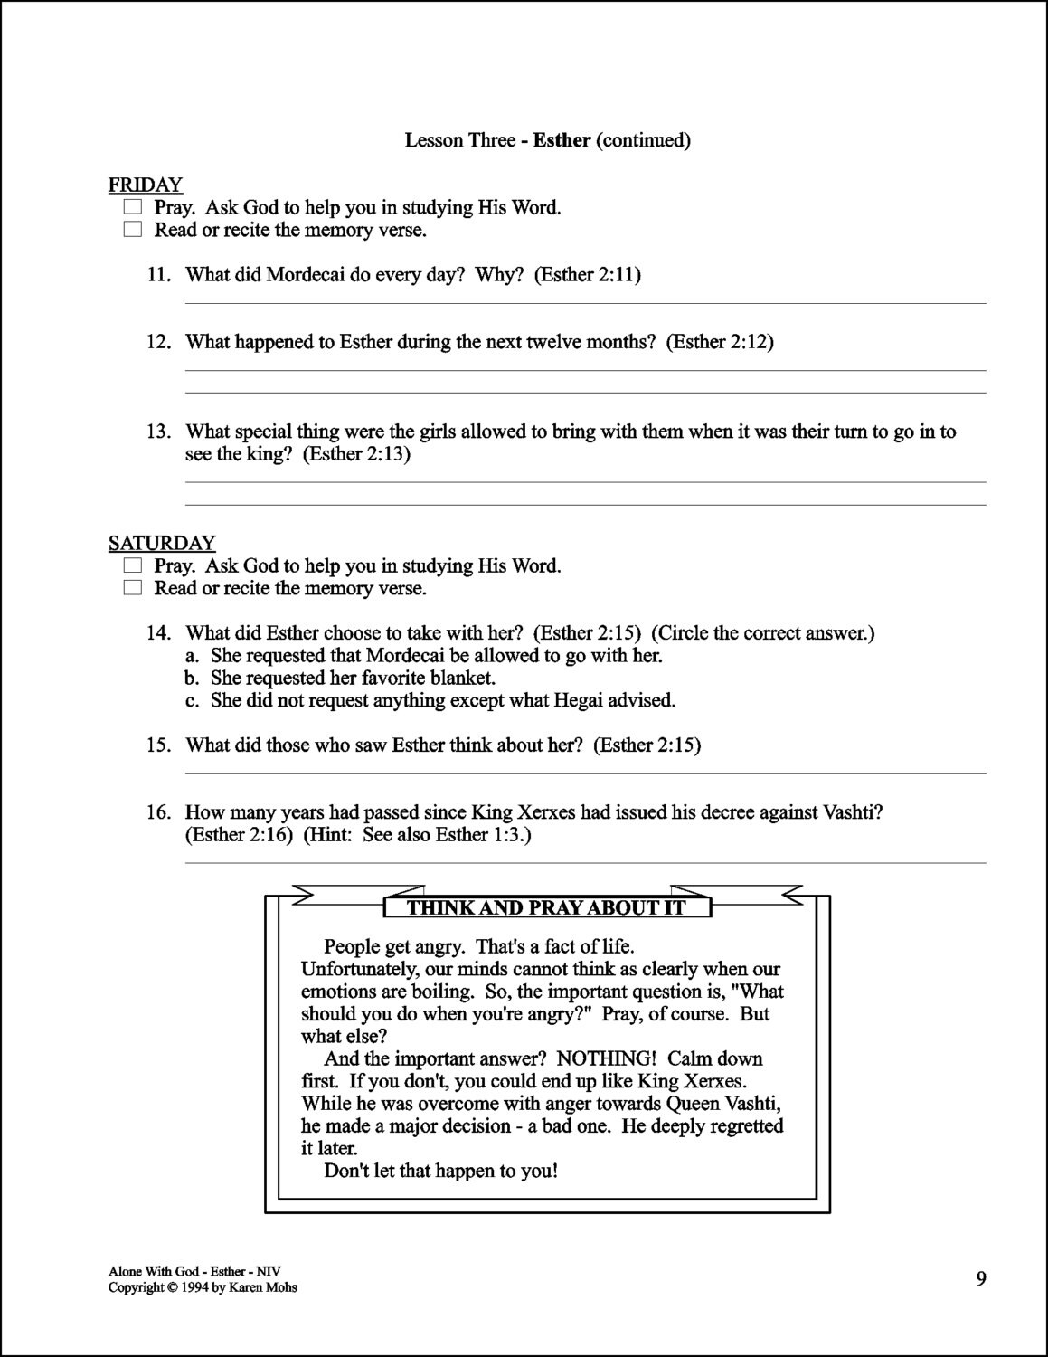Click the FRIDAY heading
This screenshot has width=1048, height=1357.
point(146,185)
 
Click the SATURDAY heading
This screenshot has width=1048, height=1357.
point(162,544)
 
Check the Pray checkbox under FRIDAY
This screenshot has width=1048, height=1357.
point(133,208)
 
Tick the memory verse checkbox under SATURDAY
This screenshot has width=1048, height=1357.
point(133,589)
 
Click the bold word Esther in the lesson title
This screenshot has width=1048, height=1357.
point(562,140)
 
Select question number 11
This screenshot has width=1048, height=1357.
point(159,275)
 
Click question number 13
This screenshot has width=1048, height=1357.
point(159,432)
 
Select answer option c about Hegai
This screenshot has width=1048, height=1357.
point(442,700)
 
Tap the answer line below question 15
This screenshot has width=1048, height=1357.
point(585,773)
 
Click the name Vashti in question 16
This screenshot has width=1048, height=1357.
point(853,812)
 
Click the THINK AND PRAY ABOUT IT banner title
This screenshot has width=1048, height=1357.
point(547,908)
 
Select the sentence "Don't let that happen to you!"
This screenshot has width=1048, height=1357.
point(440,1172)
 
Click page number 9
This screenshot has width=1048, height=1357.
point(981,1278)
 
